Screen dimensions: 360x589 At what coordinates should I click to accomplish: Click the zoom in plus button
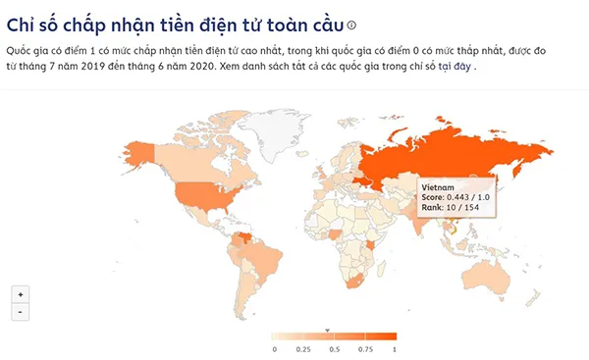(21, 294)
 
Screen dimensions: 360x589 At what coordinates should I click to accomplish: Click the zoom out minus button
(21, 312)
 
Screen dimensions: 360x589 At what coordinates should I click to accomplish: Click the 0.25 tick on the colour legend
(304, 348)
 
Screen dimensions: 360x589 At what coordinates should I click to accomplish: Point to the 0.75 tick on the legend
(365, 348)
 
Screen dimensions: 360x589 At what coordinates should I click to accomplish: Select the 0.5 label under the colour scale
(334, 348)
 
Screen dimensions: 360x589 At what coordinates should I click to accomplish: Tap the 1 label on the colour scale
(395, 348)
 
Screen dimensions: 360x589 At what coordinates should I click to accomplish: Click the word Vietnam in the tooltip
(436, 185)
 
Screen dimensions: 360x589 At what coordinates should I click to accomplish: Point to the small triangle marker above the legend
(328, 330)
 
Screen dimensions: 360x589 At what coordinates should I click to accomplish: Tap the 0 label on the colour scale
(274, 348)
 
